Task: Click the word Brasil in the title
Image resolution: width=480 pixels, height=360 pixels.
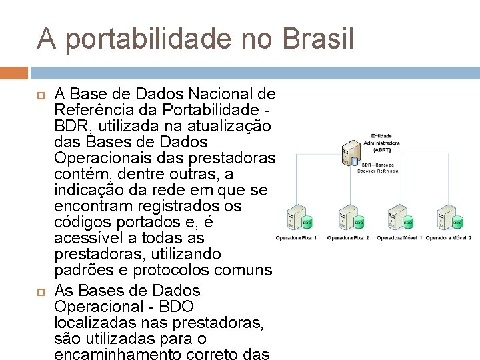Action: pyautogui.click(x=318, y=39)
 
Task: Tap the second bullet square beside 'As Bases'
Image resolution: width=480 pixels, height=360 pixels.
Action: pyautogui.click(x=39, y=291)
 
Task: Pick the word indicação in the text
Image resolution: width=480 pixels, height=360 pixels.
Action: pyautogui.click(x=88, y=191)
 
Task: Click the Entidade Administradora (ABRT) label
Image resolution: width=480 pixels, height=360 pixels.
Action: pyautogui.click(x=381, y=143)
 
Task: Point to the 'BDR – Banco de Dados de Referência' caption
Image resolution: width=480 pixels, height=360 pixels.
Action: pyautogui.click(x=377, y=168)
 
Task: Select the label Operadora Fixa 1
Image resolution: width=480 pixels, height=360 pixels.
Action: pyautogui.click(x=295, y=237)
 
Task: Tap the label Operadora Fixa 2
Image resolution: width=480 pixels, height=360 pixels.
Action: pyautogui.click(x=347, y=237)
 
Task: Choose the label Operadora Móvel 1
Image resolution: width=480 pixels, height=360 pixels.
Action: pyautogui.click(x=399, y=237)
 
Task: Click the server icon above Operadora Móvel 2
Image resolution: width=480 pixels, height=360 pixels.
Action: pyautogui.click(x=445, y=217)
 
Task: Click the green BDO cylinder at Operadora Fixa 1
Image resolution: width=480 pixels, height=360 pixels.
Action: pyautogui.click(x=308, y=221)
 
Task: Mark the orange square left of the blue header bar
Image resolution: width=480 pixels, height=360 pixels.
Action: pyautogui.click(x=14, y=72)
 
